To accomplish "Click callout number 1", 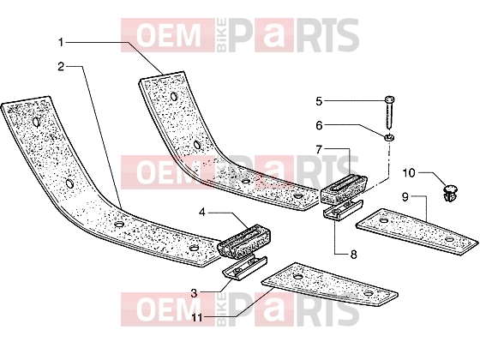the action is pyautogui.click(x=61, y=42).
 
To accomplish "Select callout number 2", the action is pyautogui.click(x=61, y=66).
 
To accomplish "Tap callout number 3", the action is pyautogui.click(x=194, y=293).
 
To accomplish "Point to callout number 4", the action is pyautogui.click(x=202, y=212).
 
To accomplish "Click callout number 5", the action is pyautogui.click(x=319, y=101).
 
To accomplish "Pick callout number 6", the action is pyautogui.click(x=319, y=125).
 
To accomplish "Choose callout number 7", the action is pyautogui.click(x=319, y=149).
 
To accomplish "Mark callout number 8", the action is pyautogui.click(x=353, y=254).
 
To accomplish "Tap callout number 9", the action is pyautogui.click(x=405, y=197).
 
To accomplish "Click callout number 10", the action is pyautogui.click(x=409, y=173).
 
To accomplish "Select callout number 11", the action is pyautogui.click(x=197, y=318).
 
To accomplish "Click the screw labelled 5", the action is pyautogui.click(x=389, y=112).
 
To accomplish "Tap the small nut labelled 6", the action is pyautogui.click(x=389, y=137).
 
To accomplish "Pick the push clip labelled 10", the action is pyautogui.click(x=450, y=192).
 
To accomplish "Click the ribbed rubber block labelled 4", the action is pyautogui.click(x=244, y=240).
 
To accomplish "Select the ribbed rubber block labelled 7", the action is pyautogui.click(x=344, y=189).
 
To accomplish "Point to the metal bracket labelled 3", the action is pyautogui.click(x=245, y=267).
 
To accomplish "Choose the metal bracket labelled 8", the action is pyautogui.click(x=343, y=209).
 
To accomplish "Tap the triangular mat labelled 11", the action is pyautogui.click(x=330, y=284).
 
